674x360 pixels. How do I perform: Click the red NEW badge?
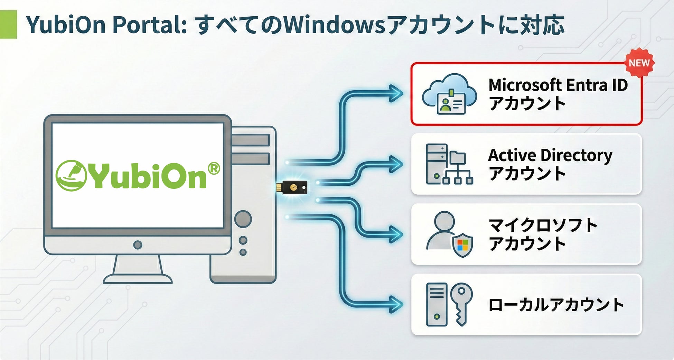(x=639, y=63)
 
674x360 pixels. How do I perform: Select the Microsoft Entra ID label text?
(x=558, y=85)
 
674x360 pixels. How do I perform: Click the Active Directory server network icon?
(x=449, y=164)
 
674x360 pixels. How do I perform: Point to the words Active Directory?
(x=550, y=155)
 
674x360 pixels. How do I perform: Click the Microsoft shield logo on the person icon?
(x=462, y=245)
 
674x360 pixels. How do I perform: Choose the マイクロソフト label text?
(x=543, y=225)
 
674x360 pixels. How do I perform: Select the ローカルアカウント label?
(x=555, y=305)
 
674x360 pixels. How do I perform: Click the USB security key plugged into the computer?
(x=292, y=187)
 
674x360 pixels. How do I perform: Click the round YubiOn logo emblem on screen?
(x=71, y=175)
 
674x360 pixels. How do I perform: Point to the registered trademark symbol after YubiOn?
(x=214, y=168)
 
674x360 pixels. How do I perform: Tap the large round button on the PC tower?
(x=243, y=219)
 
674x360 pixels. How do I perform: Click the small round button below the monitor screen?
(x=138, y=245)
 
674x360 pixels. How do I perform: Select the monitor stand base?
(x=138, y=278)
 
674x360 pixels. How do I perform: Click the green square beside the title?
(x=8, y=24)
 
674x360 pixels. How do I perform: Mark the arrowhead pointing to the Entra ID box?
(x=395, y=93)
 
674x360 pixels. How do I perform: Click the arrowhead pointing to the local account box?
(x=395, y=304)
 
